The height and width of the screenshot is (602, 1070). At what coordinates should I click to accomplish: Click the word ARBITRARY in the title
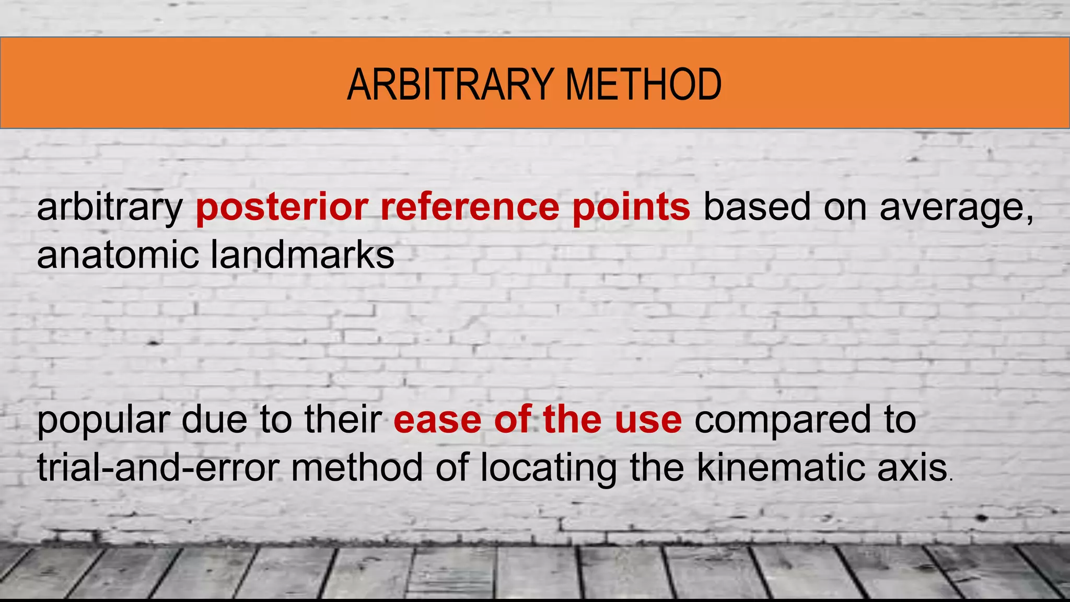(x=450, y=85)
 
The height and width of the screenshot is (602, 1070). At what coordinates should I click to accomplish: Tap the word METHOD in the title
(x=643, y=85)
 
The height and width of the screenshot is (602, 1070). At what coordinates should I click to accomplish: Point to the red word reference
(x=470, y=207)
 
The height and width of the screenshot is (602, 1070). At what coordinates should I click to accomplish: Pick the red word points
(x=631, y=207)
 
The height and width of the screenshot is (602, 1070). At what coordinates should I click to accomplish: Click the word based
(x=757, y=207)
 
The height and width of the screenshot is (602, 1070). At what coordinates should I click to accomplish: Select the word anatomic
(x=118, y=256)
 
